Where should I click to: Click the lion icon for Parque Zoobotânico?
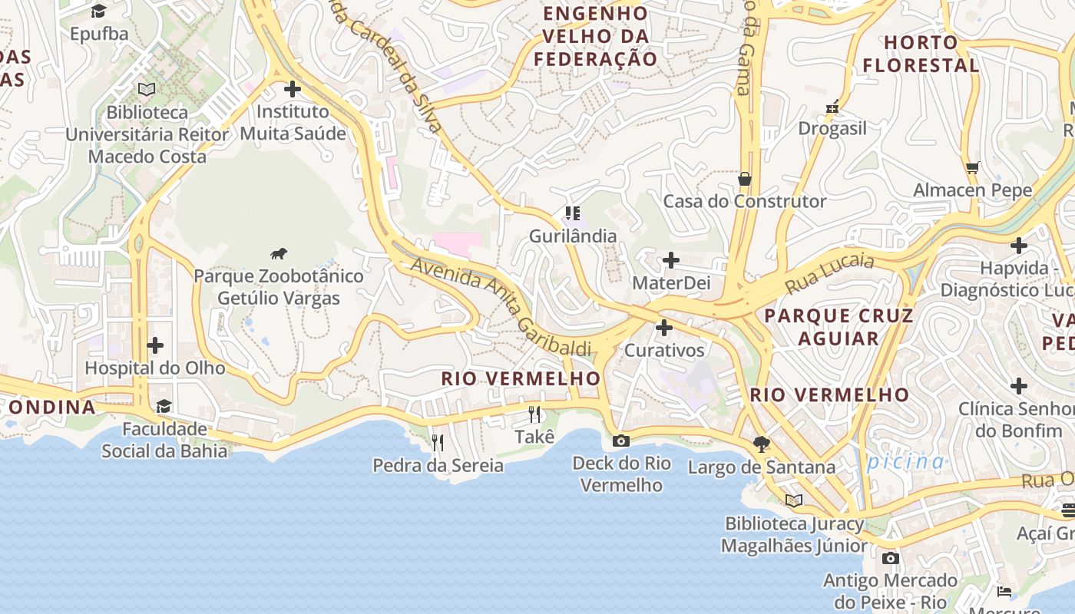[x=279, y=253]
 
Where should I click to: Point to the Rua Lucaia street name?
[x=829, y=275]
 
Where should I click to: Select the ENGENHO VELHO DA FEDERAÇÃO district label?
[x=596, y=36]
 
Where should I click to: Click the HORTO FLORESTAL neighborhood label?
[x=921, y=54]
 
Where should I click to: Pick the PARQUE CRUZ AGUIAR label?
[x=838, y=327]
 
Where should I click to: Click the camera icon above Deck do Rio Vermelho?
[x=621, y=441]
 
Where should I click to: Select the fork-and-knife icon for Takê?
[x=534, y=414]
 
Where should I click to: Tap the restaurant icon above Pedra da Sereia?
[x=438, y=442]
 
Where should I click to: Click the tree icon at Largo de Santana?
[x=761, y=444]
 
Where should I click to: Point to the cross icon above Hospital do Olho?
[x=155, y=345]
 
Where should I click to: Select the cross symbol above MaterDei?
[x=671, y=260]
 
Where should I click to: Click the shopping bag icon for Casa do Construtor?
[x=744, y=179]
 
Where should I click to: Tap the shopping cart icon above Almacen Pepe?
[x=972, y=167]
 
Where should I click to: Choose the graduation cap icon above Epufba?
[x=99, y=11]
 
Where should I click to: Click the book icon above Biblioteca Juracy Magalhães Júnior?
[x=794, y=500]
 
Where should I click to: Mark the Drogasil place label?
[x=832, y=128]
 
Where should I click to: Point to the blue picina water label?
[x=906, y=461]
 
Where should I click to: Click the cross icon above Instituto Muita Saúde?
[x=293, y=88]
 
